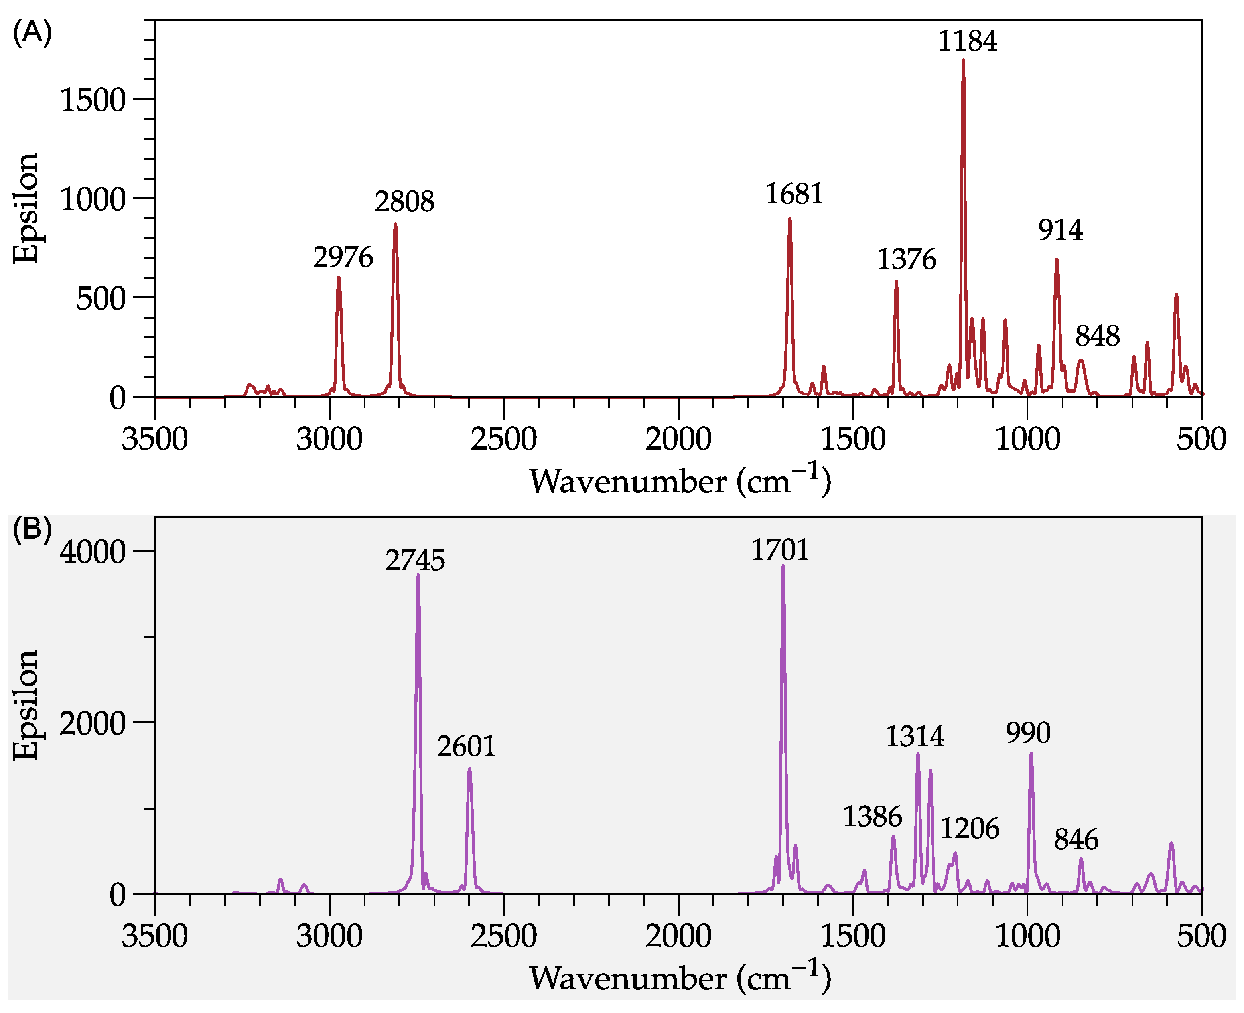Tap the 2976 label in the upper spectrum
tap(343, 257)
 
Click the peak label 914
tap(1060, 231)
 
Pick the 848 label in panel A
tap(1097, 337)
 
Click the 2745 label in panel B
tap(415, 561)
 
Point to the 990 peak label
tap(1028, 733)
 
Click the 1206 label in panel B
tap(970, 829)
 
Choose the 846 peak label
tap(1076, 840)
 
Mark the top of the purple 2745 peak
tap(418, 575)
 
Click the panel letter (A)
tap(32, 33)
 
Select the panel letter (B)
tap(32, 530)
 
